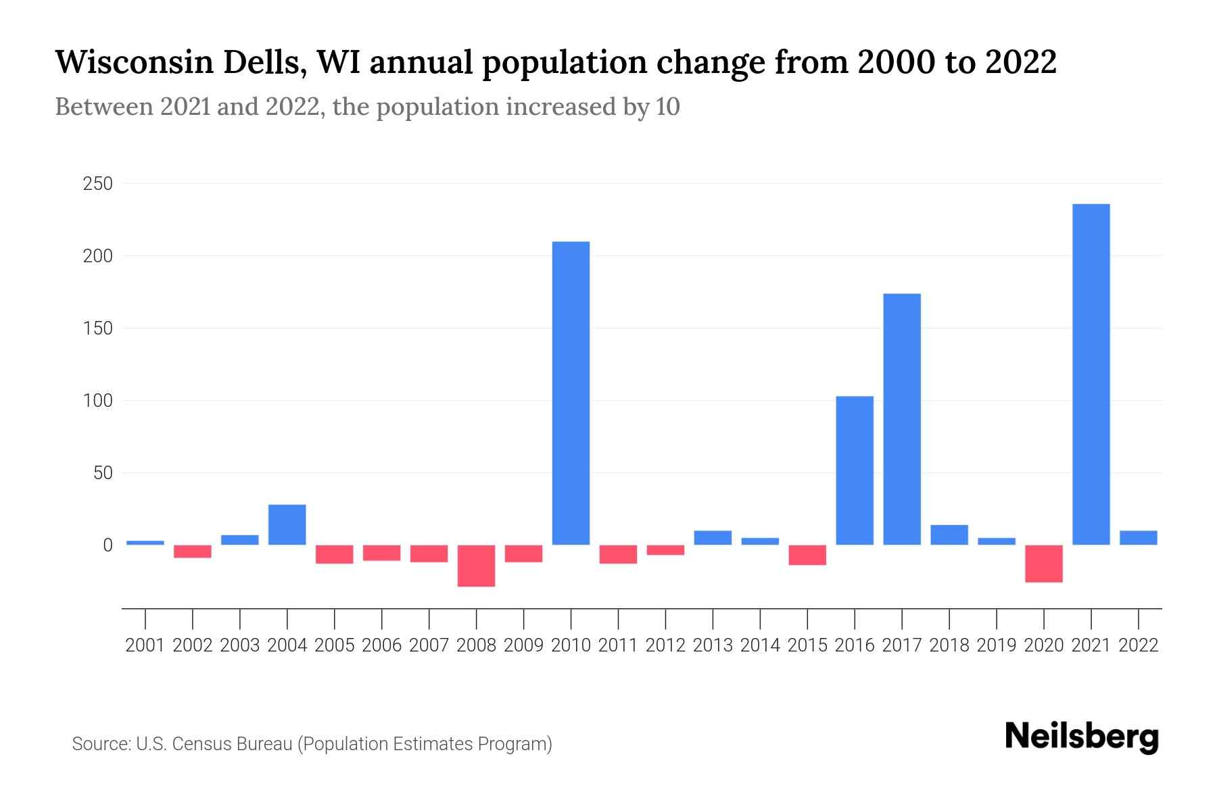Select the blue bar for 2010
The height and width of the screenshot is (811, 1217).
571,393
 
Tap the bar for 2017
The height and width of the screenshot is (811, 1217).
902,419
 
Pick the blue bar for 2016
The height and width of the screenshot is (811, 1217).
855,470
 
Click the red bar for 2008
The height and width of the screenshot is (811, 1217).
476,566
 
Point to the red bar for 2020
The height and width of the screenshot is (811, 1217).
1043,564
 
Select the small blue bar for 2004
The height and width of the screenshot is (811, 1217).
287,524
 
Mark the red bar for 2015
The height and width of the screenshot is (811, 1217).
807,555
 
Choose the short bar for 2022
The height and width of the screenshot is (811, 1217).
1138,538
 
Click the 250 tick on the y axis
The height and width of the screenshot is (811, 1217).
97,184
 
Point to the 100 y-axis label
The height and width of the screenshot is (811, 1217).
97,401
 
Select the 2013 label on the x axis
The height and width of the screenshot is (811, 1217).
713,645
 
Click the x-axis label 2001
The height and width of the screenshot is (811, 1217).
145,645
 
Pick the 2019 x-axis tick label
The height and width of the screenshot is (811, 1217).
997,645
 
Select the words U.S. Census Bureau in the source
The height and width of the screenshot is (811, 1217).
214,744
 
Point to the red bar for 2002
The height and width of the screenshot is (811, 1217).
193,551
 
